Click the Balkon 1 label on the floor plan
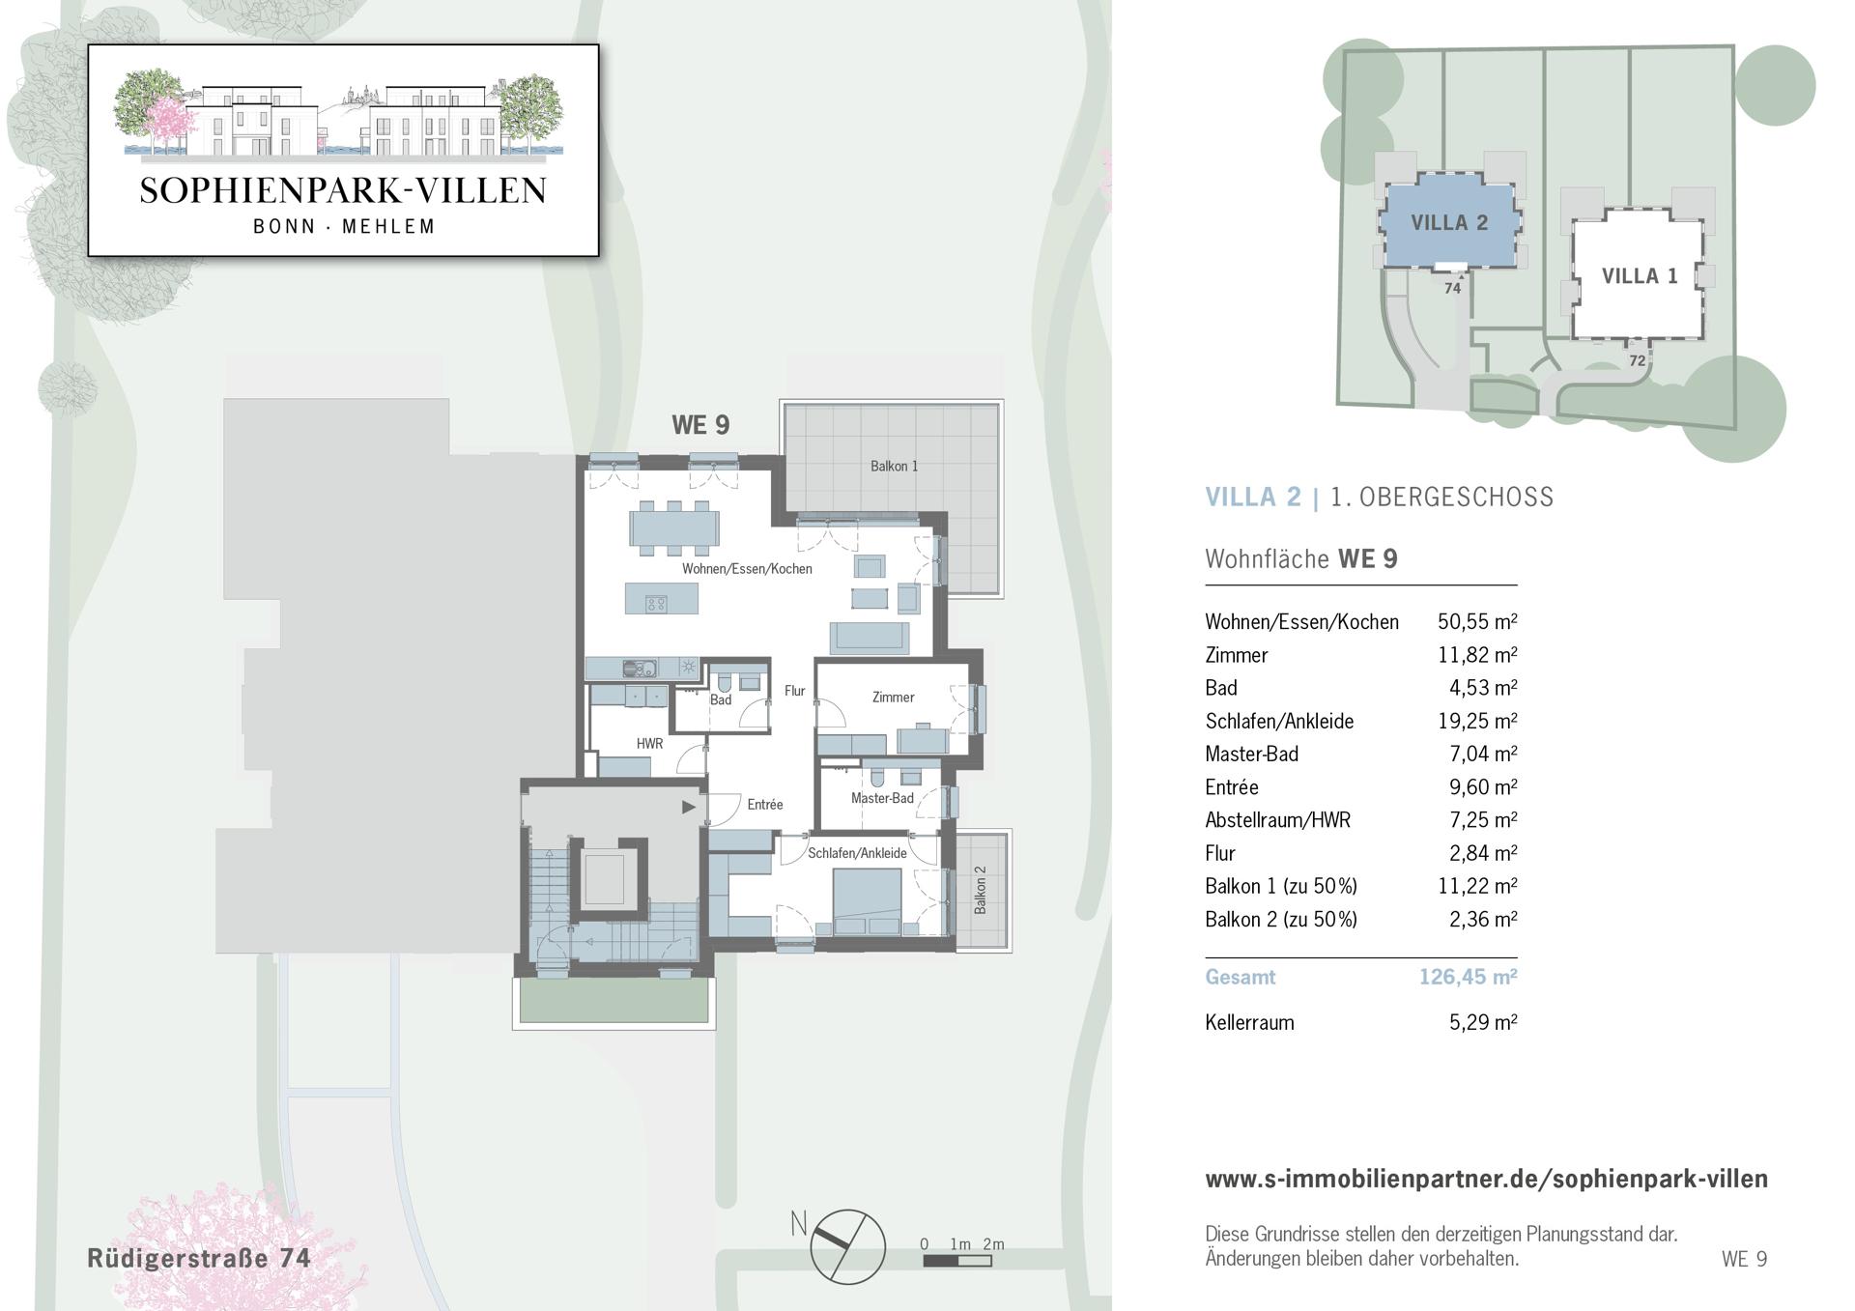[x=894, y=466]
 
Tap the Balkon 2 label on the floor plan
[x=981, y=890]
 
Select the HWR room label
[x=649, y=744]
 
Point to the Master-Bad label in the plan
[x=882, y=798]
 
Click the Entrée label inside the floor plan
[x=764, y=804]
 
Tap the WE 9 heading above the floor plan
[x=700, y=425]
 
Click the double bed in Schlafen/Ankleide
[x=868, y=901]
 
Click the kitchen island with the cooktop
[x=661, y=598]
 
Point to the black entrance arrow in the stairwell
[x=689, y=807]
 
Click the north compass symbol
[x=846, y=1246]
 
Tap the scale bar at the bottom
[x=956, y=1261]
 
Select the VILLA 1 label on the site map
[x=1640, y=276]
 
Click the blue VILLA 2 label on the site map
[x=1449, y=223]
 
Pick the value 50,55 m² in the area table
[x=1477, y=622]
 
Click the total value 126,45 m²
[x=1468, y=977]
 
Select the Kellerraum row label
[x=1249, y=1022]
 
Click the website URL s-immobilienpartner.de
[x=1487, y=1179]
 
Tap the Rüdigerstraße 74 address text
[x=199, y=1258]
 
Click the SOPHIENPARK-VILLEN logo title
[x=343, y=190]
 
